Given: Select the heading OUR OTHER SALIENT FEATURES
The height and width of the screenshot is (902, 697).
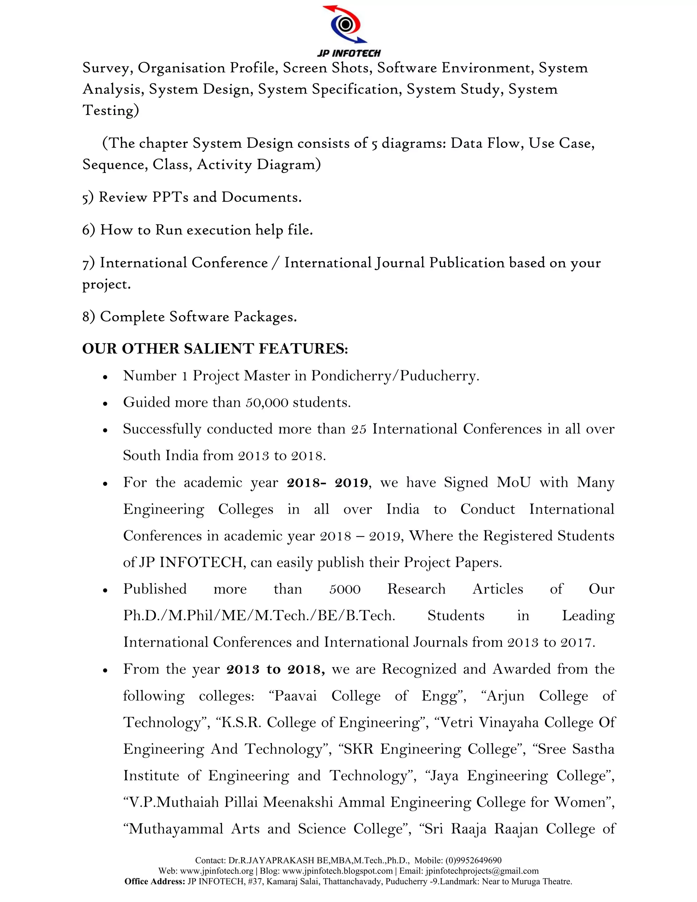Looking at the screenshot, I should [x=215, y=349].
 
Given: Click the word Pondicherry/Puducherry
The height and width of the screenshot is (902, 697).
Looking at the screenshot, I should [x=395, y=376].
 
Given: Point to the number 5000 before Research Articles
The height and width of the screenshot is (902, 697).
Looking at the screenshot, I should [x=345, y=589].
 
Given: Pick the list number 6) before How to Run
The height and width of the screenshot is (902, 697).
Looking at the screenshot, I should [x=89, y=230].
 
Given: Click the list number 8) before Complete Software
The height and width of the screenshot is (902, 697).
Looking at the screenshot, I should [x=89, y=317].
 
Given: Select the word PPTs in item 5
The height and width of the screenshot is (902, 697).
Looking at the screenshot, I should [x=170, y=197].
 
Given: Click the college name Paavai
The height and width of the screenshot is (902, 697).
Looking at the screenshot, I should [x=296, y=696].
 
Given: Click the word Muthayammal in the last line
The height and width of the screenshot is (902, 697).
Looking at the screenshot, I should [x=176, y=829].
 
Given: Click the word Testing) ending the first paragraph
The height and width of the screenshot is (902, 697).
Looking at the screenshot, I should [x=111, y=111].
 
